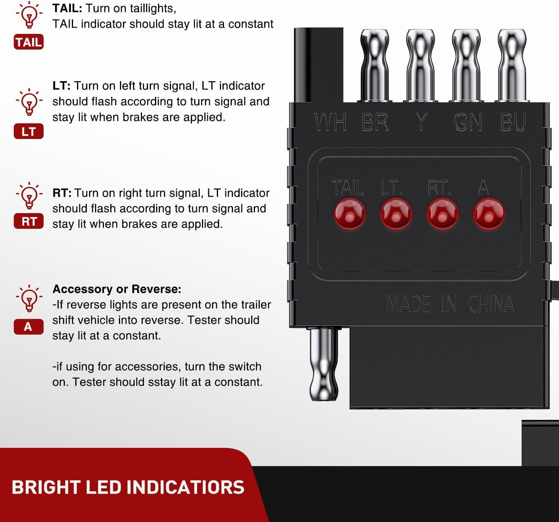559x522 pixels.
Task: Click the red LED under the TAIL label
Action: pyautogui.click(x=350, y=214)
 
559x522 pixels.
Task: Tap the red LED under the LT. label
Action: pyautogui.click(x=396, y=214)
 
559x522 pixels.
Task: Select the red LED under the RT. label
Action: pyautogui.click(x=442, y=214)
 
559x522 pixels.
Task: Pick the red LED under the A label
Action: pyautogui.click(x=489, y=214)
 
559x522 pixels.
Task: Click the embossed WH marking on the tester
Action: pyautogui.click(x=330, y=122)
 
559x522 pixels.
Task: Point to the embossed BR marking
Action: pyautogui.click(x=375, y=122)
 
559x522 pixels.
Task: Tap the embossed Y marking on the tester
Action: pyautogui.click(x=421, y=122)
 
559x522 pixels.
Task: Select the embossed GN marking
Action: pyautogui.click(x=468, y=122)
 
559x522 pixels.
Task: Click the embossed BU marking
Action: pyautogui.click(x=513, y=122)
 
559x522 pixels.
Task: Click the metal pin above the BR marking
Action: pyautogui.click(x=375, y=65)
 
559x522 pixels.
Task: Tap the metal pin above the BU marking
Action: pyautogui.click(x=512, y=65)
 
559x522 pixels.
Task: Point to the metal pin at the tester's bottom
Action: pyautogui.click(x=324, y=364)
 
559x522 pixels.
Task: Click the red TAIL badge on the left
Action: pyautogui.click(x=29, y=42)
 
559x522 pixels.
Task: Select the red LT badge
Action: pyautogui.click(x=29, y=131)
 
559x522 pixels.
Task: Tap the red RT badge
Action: pyautogui.click(x=29, y=221)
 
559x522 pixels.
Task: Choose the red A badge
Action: pyautogui.click(x=29, y=327)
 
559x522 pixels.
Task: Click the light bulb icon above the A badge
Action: pyautogui.click(x=29, y=298)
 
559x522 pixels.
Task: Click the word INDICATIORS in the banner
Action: pyautogui.click(x=186, y=487)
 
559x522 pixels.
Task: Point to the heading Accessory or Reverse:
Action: pyautogui.click(x=117, y=289)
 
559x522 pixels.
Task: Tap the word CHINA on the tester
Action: pyautogui.click(x=491, y=304)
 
